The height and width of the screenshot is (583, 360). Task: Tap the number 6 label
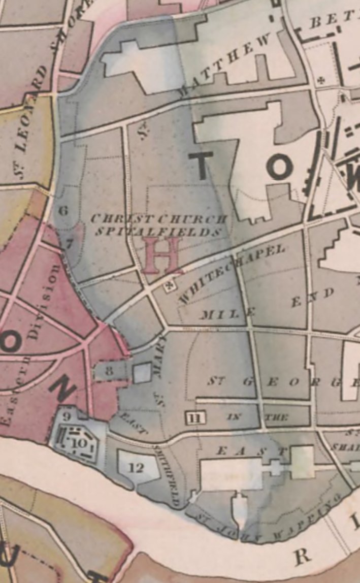(x=63, y=210)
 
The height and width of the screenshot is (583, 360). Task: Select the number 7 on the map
(x=69, y=243)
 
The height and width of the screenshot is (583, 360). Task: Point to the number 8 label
(x=109, y=370)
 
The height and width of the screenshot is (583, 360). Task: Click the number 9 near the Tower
(x=67, y=417)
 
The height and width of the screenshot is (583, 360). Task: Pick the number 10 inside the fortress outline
(x=79, y=443)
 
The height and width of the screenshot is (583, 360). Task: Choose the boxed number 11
(x=194, y=418)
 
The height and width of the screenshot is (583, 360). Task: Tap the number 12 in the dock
(x=136, y=467)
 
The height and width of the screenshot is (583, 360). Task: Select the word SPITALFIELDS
(x=157, y=232)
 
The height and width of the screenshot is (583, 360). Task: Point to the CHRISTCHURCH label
(x=157, y=219)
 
